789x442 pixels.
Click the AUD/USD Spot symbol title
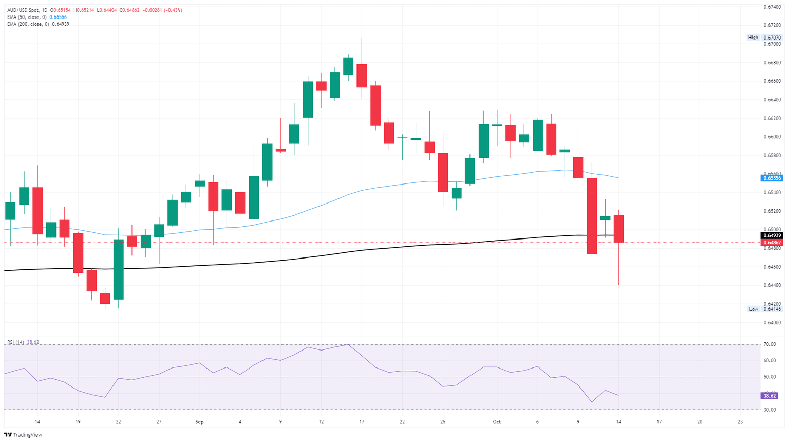tap(24, 10)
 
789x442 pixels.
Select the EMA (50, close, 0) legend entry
tap(26, 17)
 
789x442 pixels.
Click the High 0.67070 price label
tap(765, 38)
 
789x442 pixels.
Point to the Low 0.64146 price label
tap(765, 309)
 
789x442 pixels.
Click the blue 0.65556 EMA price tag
tap(772, 178)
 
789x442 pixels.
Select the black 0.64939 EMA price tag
tap(772, 235)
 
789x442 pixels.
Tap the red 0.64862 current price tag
tap(772, 243)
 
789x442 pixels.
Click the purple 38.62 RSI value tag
tap(770, 396)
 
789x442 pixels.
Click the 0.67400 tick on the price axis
tap(772, 7)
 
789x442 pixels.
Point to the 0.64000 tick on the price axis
tap(772, 322)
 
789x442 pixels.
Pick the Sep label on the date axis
tap(199, 422)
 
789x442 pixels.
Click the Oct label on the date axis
tap(497, 422)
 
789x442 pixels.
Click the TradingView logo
tap(24, 435)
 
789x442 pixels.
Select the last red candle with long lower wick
tap(618, 229)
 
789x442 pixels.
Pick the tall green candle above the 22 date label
tap(119, 269)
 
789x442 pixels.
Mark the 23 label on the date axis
tap(740, 422)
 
